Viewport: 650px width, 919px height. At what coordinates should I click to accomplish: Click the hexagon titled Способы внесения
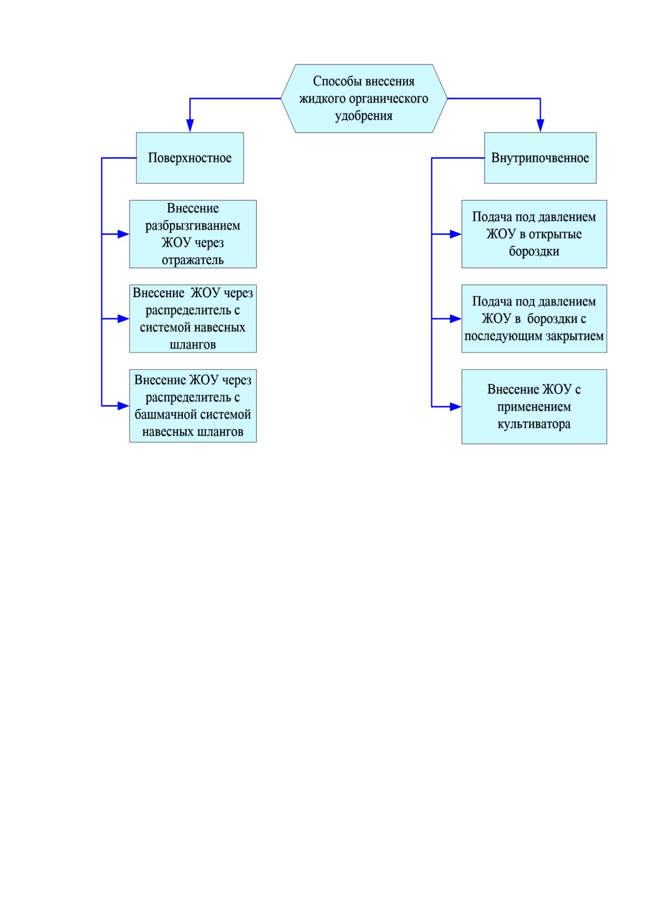click(x=364, y=99)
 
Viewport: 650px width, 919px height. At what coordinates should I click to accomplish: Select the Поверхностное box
click(x=190, y=158)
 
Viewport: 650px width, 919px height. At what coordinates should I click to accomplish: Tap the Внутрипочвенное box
click(x=540, y=158)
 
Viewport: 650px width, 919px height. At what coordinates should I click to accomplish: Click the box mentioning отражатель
click(x=193, y=234)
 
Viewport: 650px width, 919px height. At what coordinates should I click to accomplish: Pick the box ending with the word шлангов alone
click(x=193, y=319)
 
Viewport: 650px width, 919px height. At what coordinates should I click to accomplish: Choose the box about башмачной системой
click(x=193, y=406)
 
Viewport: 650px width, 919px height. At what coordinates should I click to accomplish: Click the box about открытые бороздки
click(x=534, y=234)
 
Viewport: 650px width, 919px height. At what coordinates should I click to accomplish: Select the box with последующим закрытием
click(x=534, y=319)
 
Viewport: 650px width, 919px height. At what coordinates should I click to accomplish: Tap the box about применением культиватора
click(x=534, y=407)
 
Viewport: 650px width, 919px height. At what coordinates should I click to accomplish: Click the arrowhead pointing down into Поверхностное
click(x=190, y=126)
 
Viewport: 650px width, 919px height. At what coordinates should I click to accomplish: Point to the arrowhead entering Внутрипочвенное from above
click(x=540, y=126)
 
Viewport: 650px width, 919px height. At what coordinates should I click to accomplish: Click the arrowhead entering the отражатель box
click(x=123, y=234)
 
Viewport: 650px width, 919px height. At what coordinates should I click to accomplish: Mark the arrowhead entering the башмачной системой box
click(x=123, y=406)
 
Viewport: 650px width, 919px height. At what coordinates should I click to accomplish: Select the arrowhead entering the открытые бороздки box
click(x=456, y=234)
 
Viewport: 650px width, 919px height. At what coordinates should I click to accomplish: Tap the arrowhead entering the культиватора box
click(x=456, y=406)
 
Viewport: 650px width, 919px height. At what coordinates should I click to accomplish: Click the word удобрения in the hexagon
click(x=364, y=116)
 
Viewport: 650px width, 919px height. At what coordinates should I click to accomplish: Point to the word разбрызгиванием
click(x=193, y=226)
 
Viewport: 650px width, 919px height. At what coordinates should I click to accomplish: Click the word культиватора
click(x=534, y=424)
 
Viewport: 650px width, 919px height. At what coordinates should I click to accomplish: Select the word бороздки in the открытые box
click(x=534, y=251)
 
